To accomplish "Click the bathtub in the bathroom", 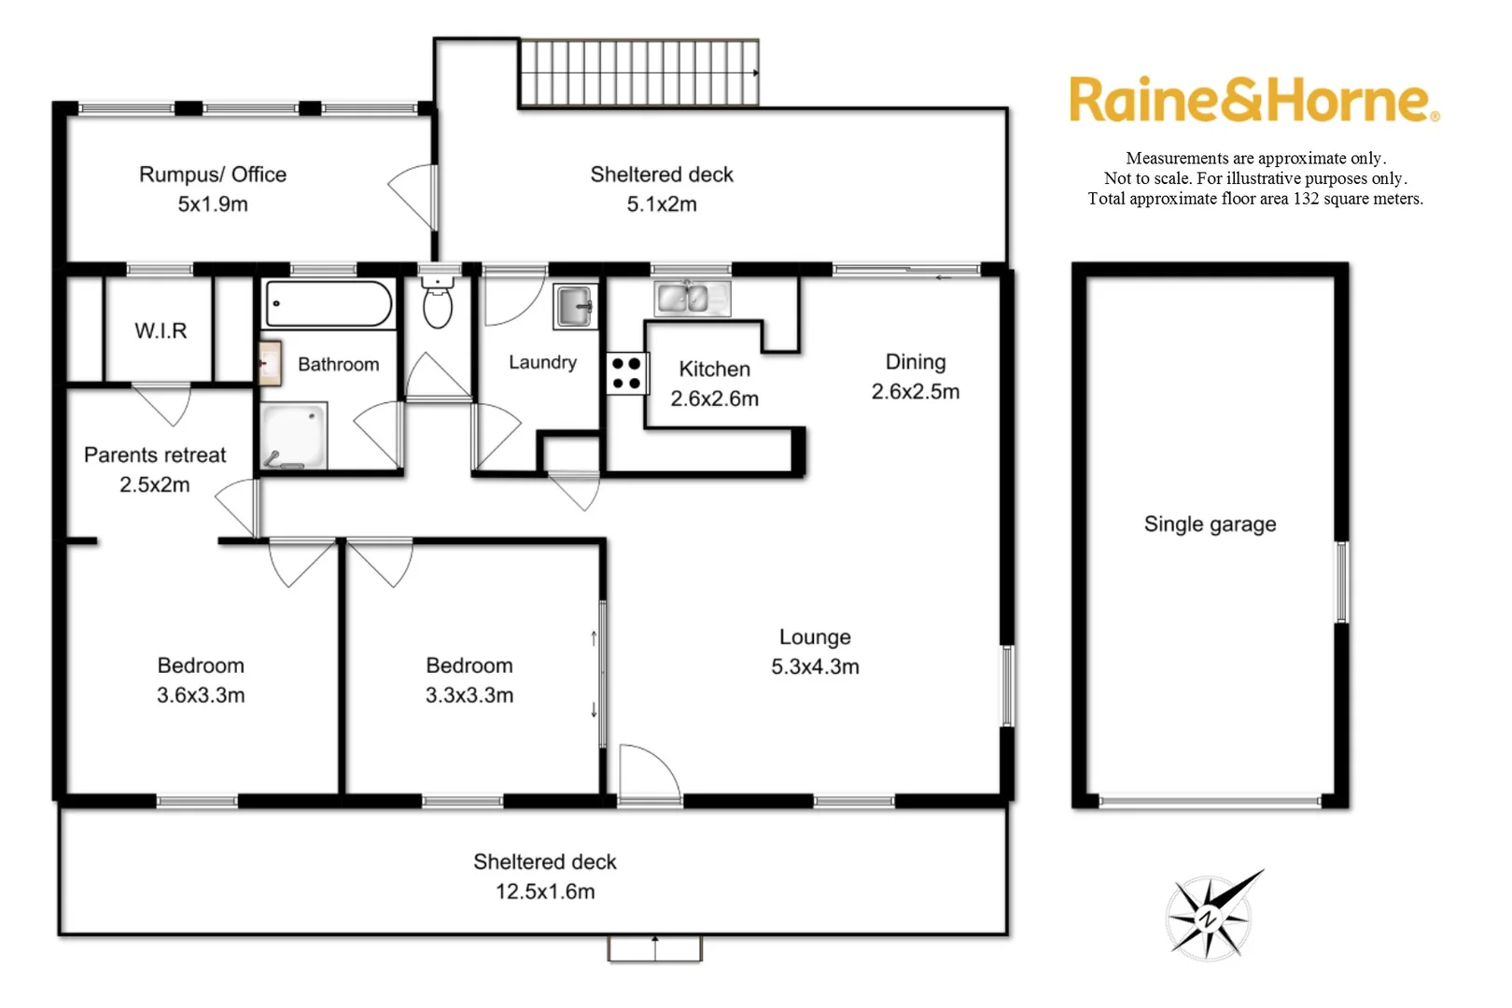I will pyautogui.click(x=329, y=304).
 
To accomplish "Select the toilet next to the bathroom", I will pyautogui.click(x=437, y=304).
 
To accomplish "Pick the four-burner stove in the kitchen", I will pyautogui.click(x=627, y=373).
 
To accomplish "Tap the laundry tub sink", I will pyautogui.click(x=575, y=305).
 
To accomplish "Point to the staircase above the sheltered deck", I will pyautogui.click(x=638, y=73).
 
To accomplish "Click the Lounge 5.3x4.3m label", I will pyautogui.click(x=815, y=651).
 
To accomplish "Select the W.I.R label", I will pyautogui.click(x=161, y=331).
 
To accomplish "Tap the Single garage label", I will pyautogui.click(x=1210, y=525).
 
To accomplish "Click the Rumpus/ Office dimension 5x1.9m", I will pyautogui.click(x=213, y=204).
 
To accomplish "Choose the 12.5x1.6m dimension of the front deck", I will pyautogui.click(x=545, y=891).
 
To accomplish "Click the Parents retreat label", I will pyautogui.click(x=155, y=455).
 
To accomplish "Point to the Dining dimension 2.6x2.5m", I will pyautogui.click(x=915, y=392).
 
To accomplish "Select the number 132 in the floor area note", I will pyautogui.click(x=1305, y=199).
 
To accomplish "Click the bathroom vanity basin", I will pyautogui.click(x=270, y=363).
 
